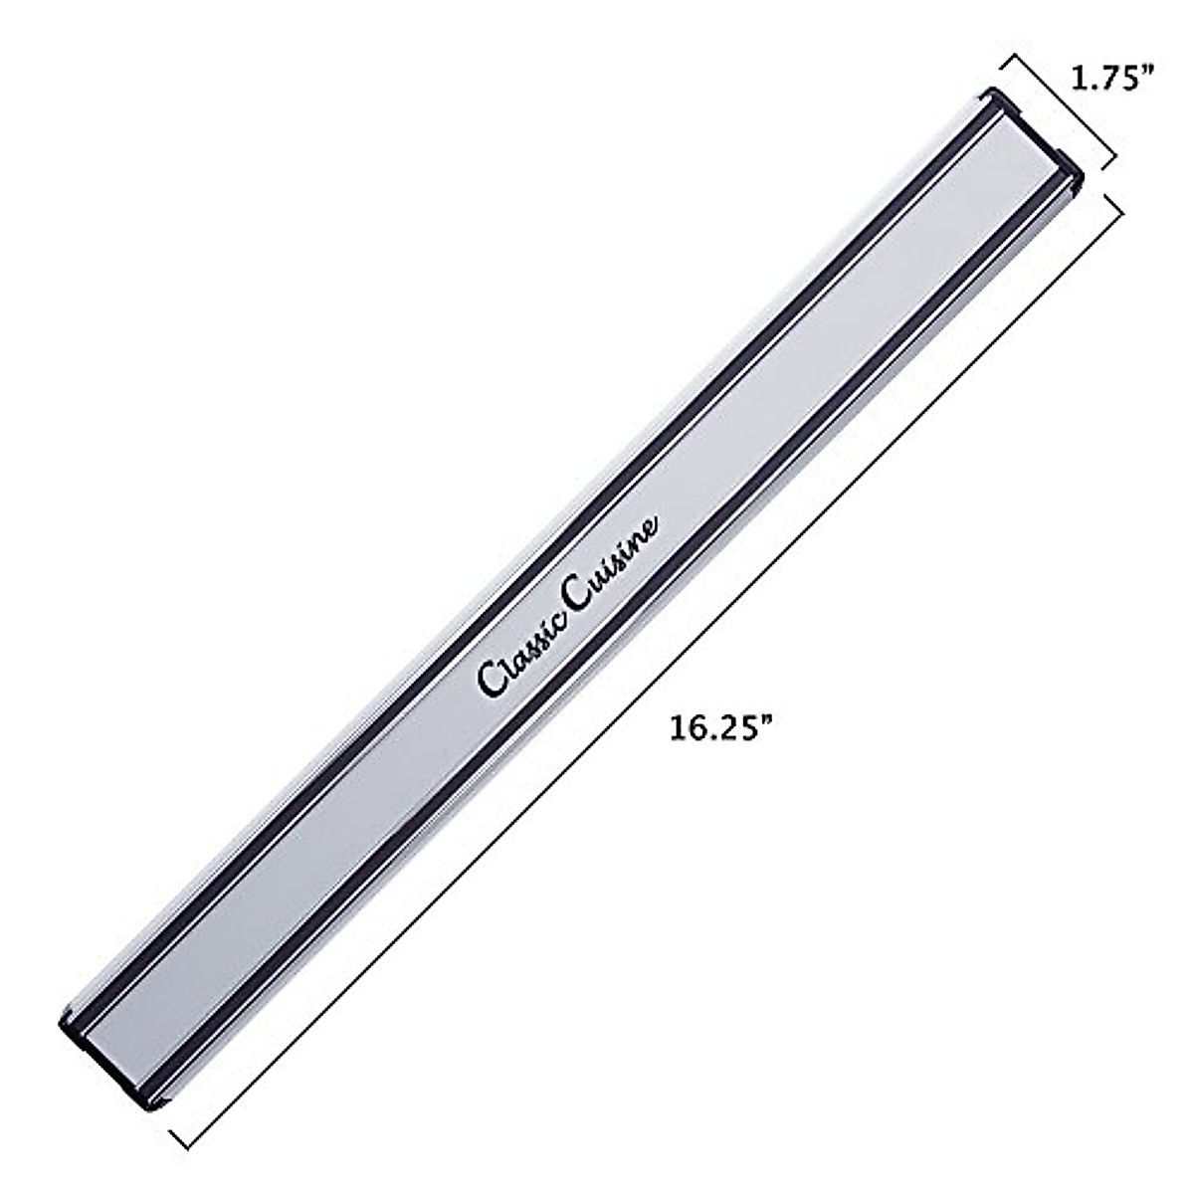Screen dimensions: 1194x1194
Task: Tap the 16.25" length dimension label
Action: click(x=721, y=727)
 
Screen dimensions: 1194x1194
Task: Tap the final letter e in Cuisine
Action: click(x=648, y=528)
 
